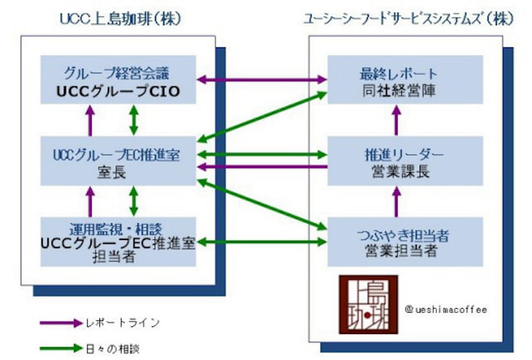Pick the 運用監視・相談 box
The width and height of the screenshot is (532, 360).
tap(118, 241)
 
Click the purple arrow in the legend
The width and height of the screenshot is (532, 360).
tap(60, 323)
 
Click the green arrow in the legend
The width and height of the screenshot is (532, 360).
tap(60, 347)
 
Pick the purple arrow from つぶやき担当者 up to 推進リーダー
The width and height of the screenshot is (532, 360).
tap(396, 200)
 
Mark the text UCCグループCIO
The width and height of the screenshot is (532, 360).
tap(118, 91)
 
